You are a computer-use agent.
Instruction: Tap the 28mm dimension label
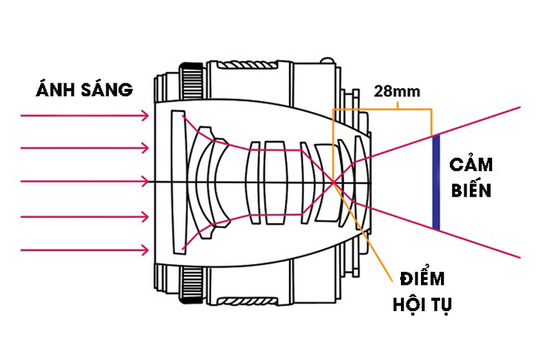point(397,91)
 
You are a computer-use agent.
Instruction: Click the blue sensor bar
point(436,182)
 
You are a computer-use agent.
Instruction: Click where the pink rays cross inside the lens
point(333,182)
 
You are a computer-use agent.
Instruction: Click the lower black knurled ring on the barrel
point(191,284)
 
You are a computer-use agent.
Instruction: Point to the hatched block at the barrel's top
point(248,65)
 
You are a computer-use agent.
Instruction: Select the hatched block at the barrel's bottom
point(248,301)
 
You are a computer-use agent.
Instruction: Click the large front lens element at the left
point(178,182)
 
